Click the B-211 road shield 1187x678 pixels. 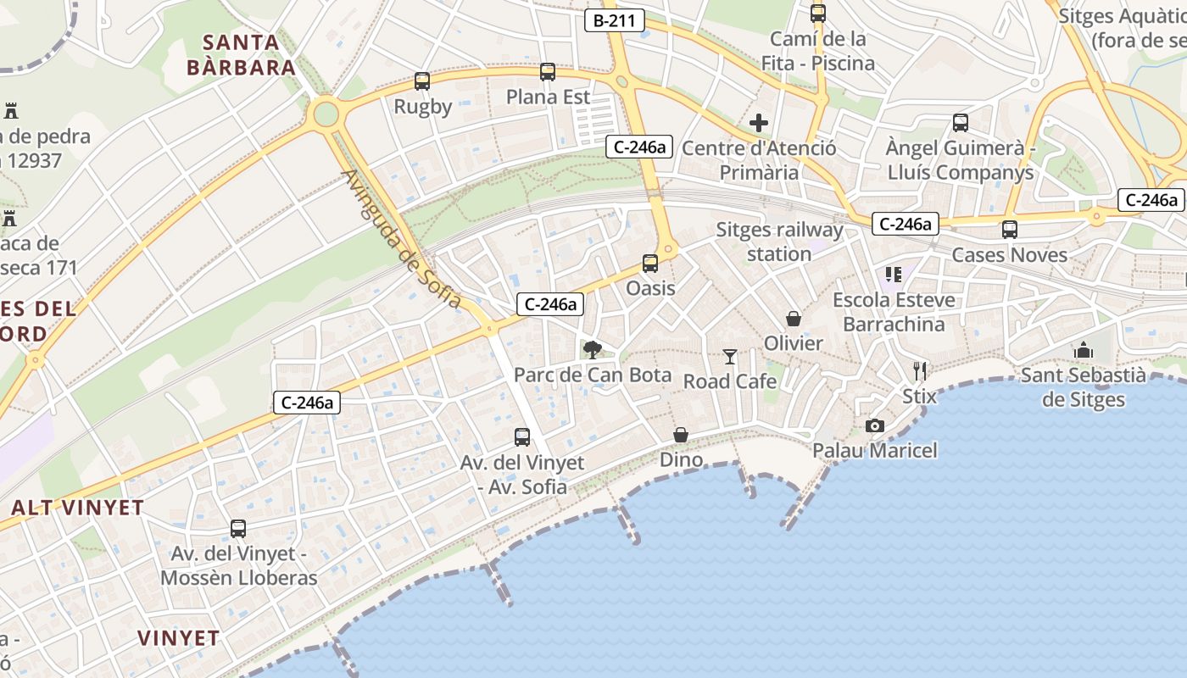615,20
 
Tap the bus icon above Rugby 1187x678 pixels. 422,81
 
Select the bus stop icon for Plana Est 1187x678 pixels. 548,72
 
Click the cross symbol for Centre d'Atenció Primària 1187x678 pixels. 759,123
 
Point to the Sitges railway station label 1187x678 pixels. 779,242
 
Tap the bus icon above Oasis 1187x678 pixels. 650,264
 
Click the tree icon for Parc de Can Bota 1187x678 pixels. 593,349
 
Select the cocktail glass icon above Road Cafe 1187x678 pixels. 730,357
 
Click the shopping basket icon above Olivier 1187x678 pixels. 794,319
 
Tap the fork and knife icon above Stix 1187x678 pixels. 920,370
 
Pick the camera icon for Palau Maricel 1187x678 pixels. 874,425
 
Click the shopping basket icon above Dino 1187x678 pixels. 681,435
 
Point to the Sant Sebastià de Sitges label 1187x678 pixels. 1083,387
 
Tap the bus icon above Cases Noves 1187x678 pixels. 1009,230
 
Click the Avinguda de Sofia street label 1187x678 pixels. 402,240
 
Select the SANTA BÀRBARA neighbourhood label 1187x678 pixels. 242,55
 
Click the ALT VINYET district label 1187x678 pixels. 77,508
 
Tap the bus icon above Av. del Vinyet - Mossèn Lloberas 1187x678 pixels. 238,529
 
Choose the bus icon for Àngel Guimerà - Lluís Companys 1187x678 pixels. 961,123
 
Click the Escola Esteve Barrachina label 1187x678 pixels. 894,312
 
